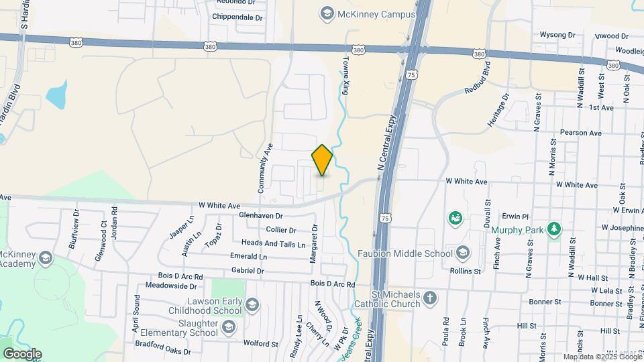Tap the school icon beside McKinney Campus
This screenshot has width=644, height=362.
pyautogui.click(x=327, y=13)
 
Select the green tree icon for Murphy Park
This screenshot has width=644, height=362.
pyautogui.click(x=554, y=230)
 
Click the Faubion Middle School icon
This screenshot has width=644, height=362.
pyautogui.click(x=462, y=253)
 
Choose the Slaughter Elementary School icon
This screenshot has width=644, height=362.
pyautogui.click(x=228, y=327)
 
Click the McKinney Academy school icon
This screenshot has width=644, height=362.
pyautogui.click(x=45, y=258)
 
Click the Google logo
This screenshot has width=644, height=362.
pyautogui.click(x=22, y=353)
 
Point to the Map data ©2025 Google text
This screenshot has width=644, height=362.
pyautogui.click(x=602, y=357)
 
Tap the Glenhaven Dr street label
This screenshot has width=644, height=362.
pyautogui.click(x=261, y=216)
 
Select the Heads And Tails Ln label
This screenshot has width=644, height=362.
pyautogui.click(x=273, y=243)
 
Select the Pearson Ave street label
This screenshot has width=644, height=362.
pyautogui.click(x=580, y=133)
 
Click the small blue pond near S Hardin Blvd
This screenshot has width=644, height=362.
pyautogui.click(x=57, y=96)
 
